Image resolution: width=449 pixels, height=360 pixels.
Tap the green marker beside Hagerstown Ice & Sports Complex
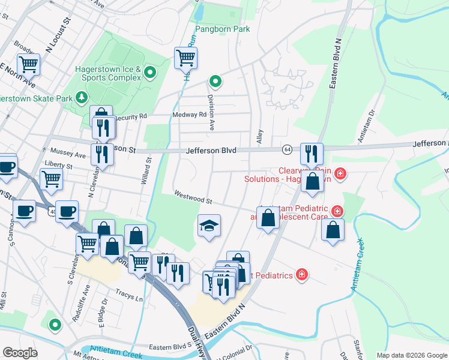tap(150, 73)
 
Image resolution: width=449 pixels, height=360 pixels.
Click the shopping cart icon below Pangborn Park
tap(185, 58)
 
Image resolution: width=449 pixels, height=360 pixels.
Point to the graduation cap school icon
tap(209, 226)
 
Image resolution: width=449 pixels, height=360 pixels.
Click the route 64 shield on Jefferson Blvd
tap(288, 149)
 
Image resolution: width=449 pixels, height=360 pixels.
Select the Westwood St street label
tap(194, 196)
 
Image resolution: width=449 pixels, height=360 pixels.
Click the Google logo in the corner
tap(20, 352)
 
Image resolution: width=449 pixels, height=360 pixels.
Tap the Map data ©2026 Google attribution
tap(411, 355)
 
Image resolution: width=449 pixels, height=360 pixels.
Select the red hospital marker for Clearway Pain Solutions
tap(340, 174)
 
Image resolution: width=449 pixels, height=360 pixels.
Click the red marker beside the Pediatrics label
tap(302, 275)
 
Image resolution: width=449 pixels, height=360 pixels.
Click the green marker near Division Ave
tap(215, 82)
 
